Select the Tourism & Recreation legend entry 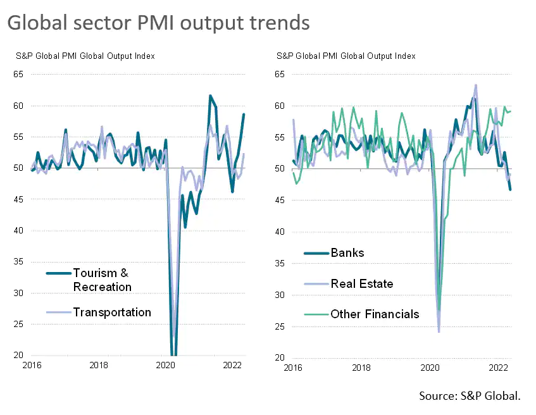[x=102, y=280]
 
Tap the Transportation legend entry [x=112, y=312]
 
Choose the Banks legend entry [x=347, y=252]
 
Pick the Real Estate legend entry [x=361, y=283]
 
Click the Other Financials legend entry [x=375, y=314]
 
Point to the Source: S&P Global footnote [x=470, y=396]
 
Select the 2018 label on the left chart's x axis [x=98, y=365]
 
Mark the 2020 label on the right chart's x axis [x=430, y=367]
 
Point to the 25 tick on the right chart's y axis [x=280, y=326]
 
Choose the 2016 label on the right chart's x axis [x=292, y=367]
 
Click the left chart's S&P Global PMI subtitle [x=85, y=56]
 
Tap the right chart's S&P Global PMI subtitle [x=346, y=56]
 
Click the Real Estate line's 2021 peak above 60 [x=475, y=85]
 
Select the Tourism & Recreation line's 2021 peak [x=210, y=96]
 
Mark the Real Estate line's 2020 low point [x=439, y=331]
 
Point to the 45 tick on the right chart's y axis [x=280, y=200]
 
